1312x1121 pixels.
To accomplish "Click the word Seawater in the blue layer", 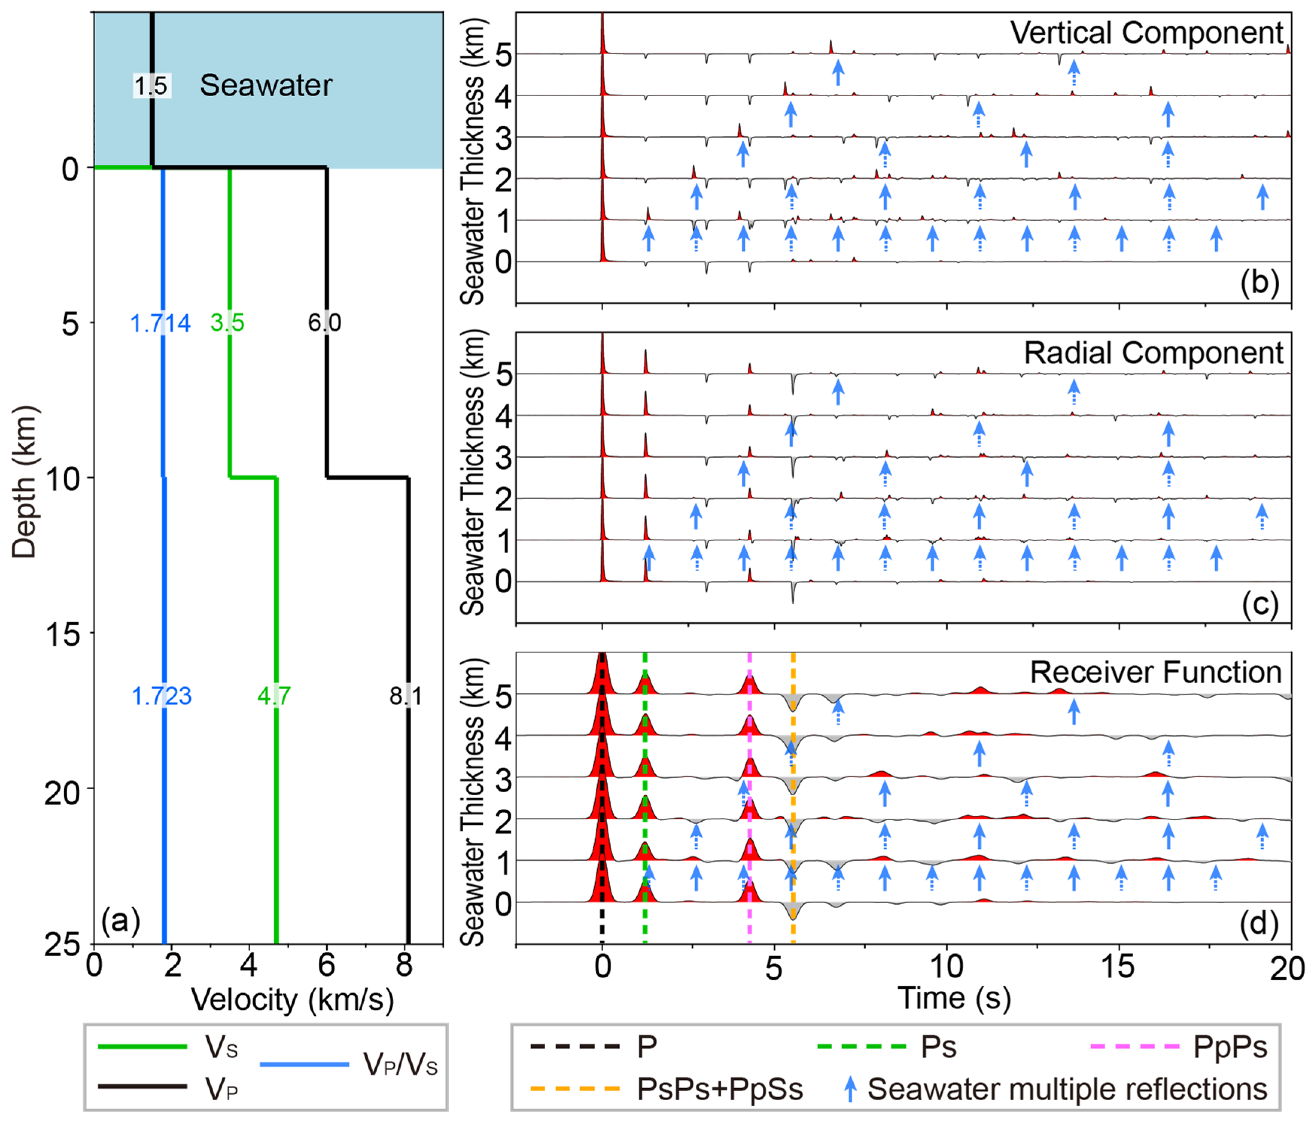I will pyautogui.click(x=266, y=85).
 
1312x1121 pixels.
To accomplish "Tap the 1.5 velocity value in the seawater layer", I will pyautogui.click(x=151, y=85).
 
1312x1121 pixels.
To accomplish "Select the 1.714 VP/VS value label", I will pyautogui.click(x=160, y=323).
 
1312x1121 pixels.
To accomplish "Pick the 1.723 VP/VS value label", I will pyautogui.click(x=161, y=696).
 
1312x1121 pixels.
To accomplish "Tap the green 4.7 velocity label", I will pyautogui.click(x=274, y=696).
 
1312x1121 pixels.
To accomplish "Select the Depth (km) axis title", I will pyautogui.click(x=24, y=481).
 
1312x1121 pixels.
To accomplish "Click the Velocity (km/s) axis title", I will pyautogui.click(x=293, y=1000).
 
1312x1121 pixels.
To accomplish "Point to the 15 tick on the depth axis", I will pyautogui.click(x=63, y=633).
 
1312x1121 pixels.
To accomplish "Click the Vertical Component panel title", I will pyautogui.click(x=1146, y=33).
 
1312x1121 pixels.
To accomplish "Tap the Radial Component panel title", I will pyautogui.click(x=1153, y=353).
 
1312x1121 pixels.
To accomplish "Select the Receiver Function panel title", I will pyautogui.click(x=1155, y=672).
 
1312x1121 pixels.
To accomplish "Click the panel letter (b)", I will pyautogui.click(x=1260, y=282).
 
